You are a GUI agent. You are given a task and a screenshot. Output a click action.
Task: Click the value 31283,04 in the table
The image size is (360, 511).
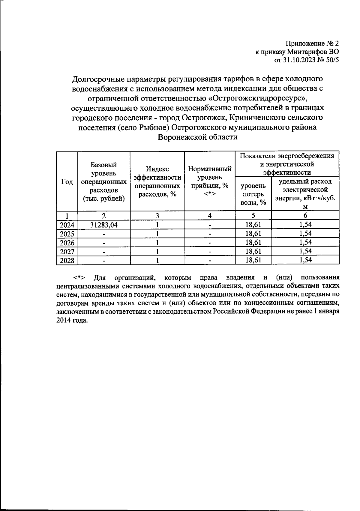tap(104, 225)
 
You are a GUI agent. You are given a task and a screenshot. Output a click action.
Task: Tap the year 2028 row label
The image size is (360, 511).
tap(67, 261)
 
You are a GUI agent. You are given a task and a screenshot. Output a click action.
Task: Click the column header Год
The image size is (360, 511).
tap(67, 182)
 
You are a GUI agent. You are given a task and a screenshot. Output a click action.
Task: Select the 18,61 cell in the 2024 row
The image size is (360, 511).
tap(253, 225)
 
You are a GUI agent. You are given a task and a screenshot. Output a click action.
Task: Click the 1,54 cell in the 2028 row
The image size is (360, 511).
tap(305, 260)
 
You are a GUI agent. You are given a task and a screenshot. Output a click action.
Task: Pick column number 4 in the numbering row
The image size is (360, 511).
tap(210, 216)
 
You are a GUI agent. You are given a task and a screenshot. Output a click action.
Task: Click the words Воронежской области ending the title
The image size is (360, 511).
tap(198, 137)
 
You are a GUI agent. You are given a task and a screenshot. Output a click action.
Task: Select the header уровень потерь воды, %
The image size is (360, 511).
tap(253, 194)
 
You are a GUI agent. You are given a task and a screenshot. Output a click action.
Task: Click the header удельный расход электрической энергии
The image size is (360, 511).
tap(305, 194)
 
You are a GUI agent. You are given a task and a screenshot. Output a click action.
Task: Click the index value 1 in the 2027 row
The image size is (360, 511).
tap(157, 252)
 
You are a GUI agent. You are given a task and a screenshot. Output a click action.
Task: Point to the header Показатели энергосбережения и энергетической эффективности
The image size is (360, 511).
tap(287, 164)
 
